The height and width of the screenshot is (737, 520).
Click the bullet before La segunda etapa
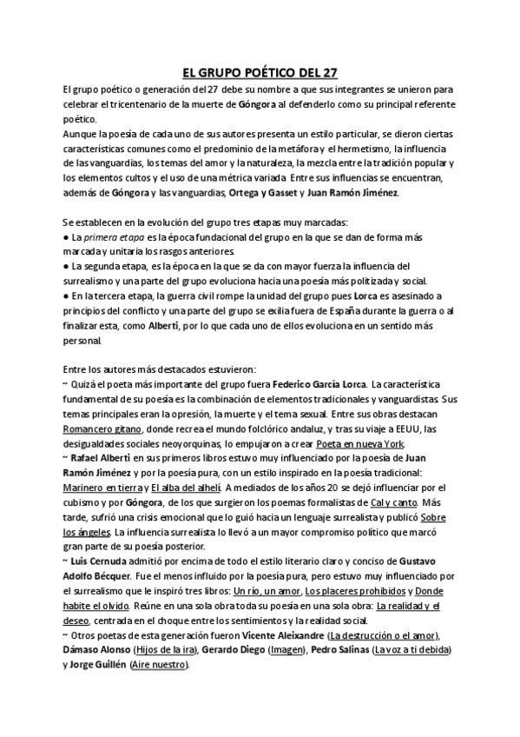tap(67, 266)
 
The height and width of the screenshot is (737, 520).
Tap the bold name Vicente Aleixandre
tap(280, 635)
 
